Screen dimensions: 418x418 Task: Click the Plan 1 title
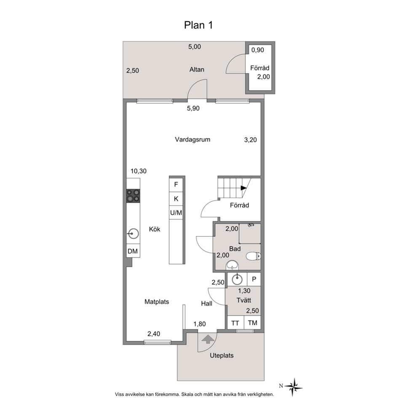(198, 25)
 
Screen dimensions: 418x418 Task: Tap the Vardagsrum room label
(193, 139)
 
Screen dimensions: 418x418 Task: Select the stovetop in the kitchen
(133, 196)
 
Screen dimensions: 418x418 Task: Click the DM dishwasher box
(133, 251)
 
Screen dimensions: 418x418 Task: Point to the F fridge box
(176, 185)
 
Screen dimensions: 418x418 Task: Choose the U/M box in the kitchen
(176, 212)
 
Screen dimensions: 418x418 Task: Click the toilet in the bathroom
(253, 257)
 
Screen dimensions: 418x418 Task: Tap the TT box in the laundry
(235, 323)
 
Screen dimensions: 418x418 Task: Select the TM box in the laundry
(252, 323)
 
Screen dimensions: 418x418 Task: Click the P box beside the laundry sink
(254, 279)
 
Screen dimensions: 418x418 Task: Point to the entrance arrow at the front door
(208, 339)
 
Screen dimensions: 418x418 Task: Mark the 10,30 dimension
(138, 171)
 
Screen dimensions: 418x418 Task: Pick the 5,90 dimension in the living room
(193, 108)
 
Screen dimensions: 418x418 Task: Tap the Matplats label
(157, 302)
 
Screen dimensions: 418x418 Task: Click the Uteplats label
(222, 355)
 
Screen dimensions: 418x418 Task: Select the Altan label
(197, 70)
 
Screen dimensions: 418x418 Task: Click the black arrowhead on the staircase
(244, 188)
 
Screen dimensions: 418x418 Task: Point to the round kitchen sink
(133, 234)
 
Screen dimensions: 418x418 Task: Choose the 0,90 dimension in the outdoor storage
(257, 50)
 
